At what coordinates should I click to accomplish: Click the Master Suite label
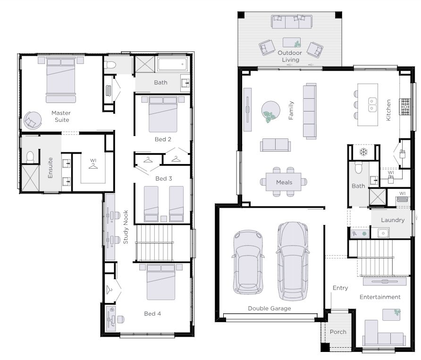pyautogui.click(x=61, y=116)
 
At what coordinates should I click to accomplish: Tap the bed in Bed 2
pyautogui.click(x=163, y=114)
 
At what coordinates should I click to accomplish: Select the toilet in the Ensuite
pyautogui.click(x=30, y=157)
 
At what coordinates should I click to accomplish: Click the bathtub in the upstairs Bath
pyautogui.click(x=172, y=64)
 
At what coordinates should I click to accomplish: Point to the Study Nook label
pyautogui.click(x=126, y=227)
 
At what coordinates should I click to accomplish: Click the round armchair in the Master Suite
pyautogui.click(x=33, y=120)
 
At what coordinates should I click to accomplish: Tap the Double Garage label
pyautogui.click(x=269, y=309)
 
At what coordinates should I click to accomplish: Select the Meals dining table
pyautogui.click(x=284, y=182)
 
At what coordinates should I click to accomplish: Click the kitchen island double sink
pyautogui.click(x=372, y=104)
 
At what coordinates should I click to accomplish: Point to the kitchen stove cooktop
pyautogui.click(x=405, y=107)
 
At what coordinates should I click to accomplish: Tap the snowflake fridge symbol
pyautogui.click(x=363, y=152)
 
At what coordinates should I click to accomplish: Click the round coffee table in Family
pyautogui.click(x=270, y=110)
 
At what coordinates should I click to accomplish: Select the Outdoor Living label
pyautogui.click(x=290, y=56)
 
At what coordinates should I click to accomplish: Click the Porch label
pyautogui.click(x=338, y=332)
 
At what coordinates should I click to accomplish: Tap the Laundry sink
pyautogui.click(x=383, y=233)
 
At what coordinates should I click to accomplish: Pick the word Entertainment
pyautogui.click(x=380, y=297)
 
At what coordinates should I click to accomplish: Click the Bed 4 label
pyautogui.click(x=152, y=314)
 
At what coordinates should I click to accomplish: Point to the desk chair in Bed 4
pyautogui.click(x=120, y=319)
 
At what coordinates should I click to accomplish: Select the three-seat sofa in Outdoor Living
pyautogui.click(x=292, y=22)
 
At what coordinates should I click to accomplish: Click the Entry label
pyautogui.click(x=340, y=288)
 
